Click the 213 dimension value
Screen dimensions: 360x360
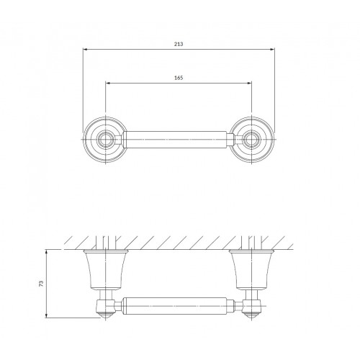point(179,44)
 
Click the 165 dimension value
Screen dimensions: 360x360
point(179,78)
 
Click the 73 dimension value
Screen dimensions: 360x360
point(41,284)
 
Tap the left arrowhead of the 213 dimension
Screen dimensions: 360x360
point(85,50)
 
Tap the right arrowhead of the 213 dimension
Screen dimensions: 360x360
point(273,50)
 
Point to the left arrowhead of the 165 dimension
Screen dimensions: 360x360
point(108,83)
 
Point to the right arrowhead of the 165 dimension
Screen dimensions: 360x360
point(250,83)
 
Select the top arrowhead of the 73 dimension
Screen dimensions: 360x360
point(47,252)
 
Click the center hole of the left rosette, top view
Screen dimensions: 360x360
point(106,140)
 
